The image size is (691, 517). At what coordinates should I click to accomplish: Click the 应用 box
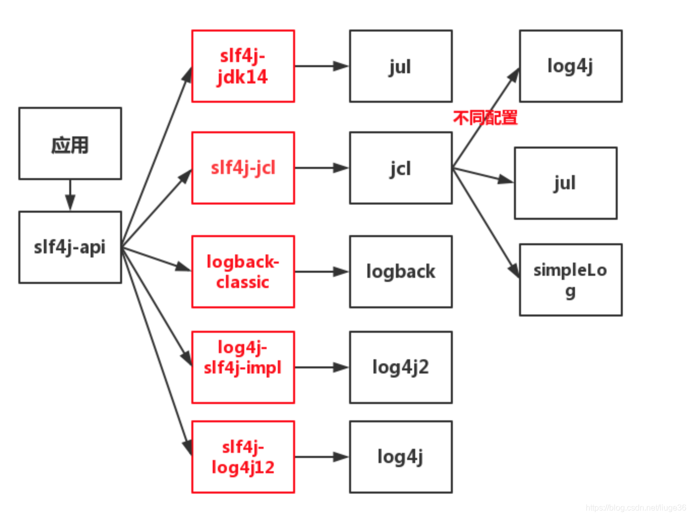point(70,143)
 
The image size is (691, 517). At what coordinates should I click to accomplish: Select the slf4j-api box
point(70,247)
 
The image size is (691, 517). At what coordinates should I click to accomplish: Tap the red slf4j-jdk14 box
point(243,66)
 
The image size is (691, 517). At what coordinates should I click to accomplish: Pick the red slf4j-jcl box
point(243,168)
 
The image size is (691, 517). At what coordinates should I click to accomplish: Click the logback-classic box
point(243,272)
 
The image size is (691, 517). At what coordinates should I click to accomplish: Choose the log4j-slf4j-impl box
point(243,367)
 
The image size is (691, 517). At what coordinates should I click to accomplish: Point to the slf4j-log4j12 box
point(243,457)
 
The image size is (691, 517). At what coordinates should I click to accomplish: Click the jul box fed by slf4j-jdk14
point(401,66)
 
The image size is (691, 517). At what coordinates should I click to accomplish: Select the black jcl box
point(401,168)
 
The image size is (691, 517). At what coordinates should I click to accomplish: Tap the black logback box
point(401,272)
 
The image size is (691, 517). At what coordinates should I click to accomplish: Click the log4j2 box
point(401,367)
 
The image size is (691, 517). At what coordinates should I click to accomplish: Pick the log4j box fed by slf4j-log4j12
point(401,457)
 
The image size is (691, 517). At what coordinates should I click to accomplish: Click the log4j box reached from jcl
point(571,66)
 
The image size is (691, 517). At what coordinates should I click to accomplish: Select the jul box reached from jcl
point(566,183)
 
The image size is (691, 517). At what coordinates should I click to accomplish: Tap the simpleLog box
point(571,280)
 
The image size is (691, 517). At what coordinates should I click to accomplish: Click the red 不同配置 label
point(485,118)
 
